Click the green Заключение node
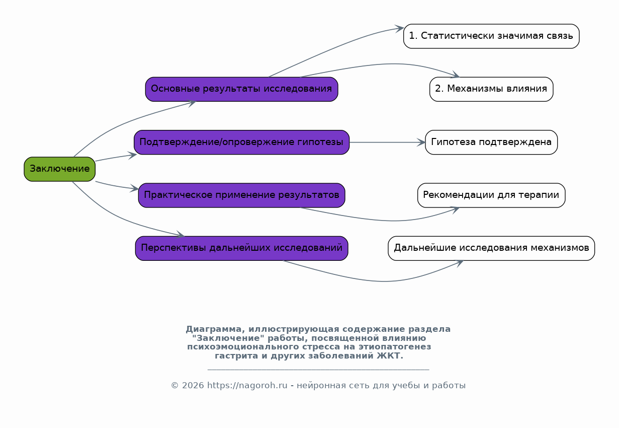(60, 169)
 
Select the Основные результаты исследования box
(241, 89)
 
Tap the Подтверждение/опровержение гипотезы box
(241, 142)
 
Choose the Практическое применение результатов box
(241, 195)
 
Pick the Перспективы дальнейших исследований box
(241, 248)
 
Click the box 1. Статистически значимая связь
(491, 36)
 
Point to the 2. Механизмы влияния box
(491, 89)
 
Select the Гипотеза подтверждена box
(491, 142)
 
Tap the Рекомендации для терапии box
(491, 195)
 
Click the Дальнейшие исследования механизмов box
(491, 248)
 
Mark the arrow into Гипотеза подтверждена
(387, 142)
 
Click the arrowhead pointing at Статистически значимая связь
(400, 28)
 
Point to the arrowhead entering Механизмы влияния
(455, 75)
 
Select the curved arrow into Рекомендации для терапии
(387, 221)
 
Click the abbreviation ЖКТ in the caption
(390, 356)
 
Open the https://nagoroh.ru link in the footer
(247, 386)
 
